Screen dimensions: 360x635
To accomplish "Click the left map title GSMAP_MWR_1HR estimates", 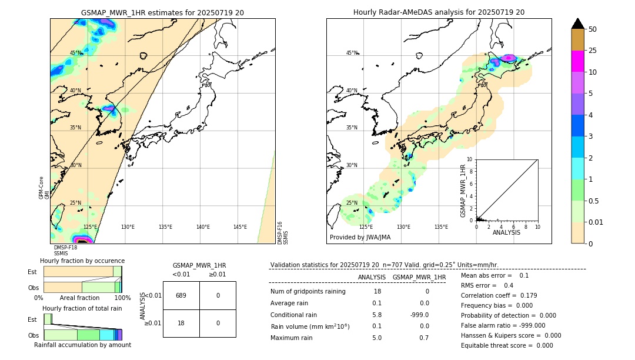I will click(x=162, y=12).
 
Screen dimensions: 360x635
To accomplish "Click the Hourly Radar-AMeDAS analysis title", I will click(x=439, y=12).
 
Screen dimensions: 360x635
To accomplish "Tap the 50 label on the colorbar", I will click(x=593, y=29).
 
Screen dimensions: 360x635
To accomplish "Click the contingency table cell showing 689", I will click(x=181, y=295).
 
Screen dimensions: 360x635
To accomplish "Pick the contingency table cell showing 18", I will click(x=181, y=323).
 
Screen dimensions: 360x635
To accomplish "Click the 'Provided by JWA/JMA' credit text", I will click(x=360, y=238).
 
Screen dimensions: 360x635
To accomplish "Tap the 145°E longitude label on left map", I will click(x=240, y=227).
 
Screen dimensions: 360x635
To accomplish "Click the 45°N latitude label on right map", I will click(x=352, y=53).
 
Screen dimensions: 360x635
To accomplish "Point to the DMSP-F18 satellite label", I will click(x=65, y=248).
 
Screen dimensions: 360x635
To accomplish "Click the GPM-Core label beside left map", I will click(x=41, y=188).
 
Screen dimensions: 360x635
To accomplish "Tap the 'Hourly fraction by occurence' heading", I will click(x=82, y=261).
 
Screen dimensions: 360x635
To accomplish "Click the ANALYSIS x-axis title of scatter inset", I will click(x=507, y=233).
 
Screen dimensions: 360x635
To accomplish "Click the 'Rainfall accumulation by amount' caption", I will click(x=82, y=345).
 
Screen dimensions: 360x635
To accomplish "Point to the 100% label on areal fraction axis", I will click(x=122, y=298).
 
